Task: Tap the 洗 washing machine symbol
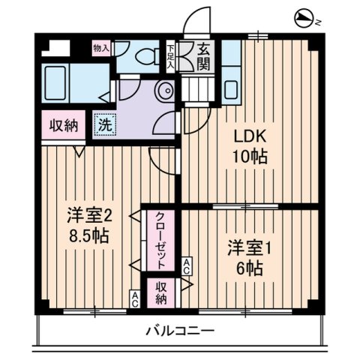(105, 124)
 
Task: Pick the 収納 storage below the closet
(161, 292)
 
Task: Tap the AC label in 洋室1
(187, 265)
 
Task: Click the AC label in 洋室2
(135, 298)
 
